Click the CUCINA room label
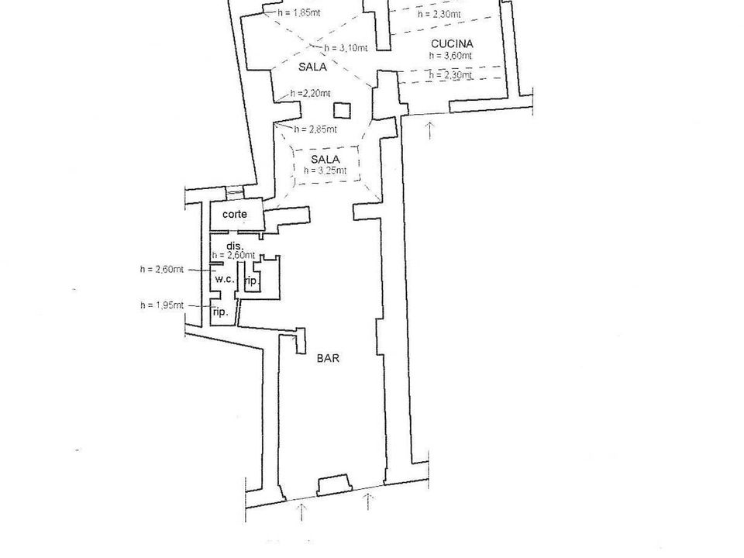point(452,43)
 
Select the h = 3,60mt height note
point(450,56)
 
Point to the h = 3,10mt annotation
point(346,48)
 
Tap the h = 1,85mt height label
point(299,13)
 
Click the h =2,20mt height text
point(310,94)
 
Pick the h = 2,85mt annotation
point(315,129)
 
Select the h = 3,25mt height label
point(325,170)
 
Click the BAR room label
point(328,358)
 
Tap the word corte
point(234,214)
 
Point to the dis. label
point(235,246)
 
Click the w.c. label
point(225,279)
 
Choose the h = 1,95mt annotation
point(162,305)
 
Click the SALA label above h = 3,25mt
point(325,160)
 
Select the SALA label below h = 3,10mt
point(312,67)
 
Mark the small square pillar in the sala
point(342,110)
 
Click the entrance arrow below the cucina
point(429,130)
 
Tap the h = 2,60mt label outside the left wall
point(162,270)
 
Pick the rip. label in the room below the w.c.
point(221,312)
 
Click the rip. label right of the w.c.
point(251,281)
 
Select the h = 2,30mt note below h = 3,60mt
point(451,75)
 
